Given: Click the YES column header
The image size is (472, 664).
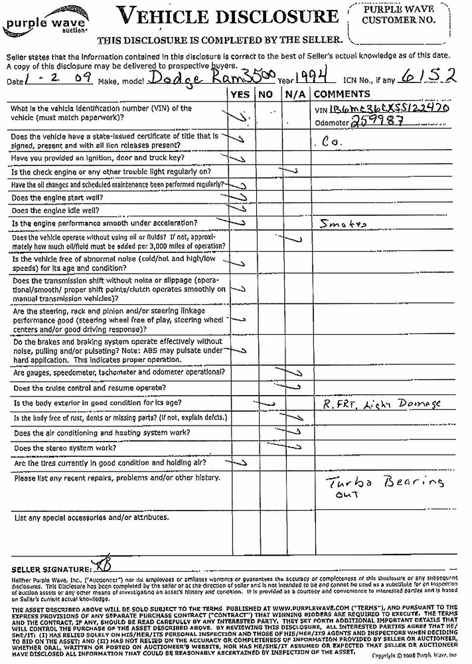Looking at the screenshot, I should coord(239,94).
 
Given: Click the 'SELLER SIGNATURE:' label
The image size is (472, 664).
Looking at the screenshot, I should coord(50,570).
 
